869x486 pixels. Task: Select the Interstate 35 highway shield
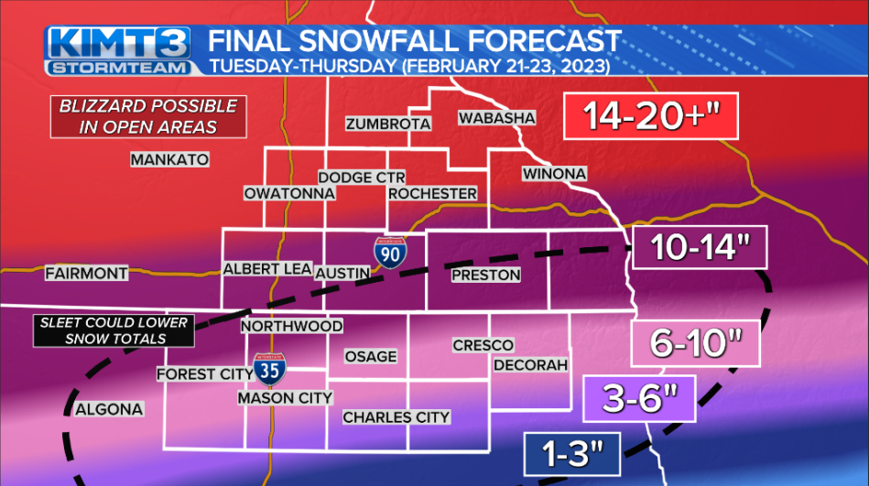click(x=268, y=368)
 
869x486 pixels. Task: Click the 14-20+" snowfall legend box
click(x=651, y=117)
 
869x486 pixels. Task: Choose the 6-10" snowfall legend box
click(x=696, y=344)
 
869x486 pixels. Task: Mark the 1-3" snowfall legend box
click(x=573, y=451)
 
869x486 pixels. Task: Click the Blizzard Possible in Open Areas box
click(x=147, y=116)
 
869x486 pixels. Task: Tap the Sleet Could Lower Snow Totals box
click(x=114, y=330)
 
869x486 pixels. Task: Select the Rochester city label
click(x=432, y=194)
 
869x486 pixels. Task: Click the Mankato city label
click(x=169, y=159)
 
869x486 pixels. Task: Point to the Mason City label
click(x=285, y=398)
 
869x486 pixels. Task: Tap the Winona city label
click(x=554, y=174)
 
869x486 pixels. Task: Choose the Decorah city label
click(x=531, y=365)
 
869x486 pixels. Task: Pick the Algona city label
click(x=109, y=409)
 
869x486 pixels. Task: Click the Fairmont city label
click(x=86, y=273)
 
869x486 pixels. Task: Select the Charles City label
click(x=396, y=417)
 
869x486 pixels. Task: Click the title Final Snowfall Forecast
click(x=415, y=41)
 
